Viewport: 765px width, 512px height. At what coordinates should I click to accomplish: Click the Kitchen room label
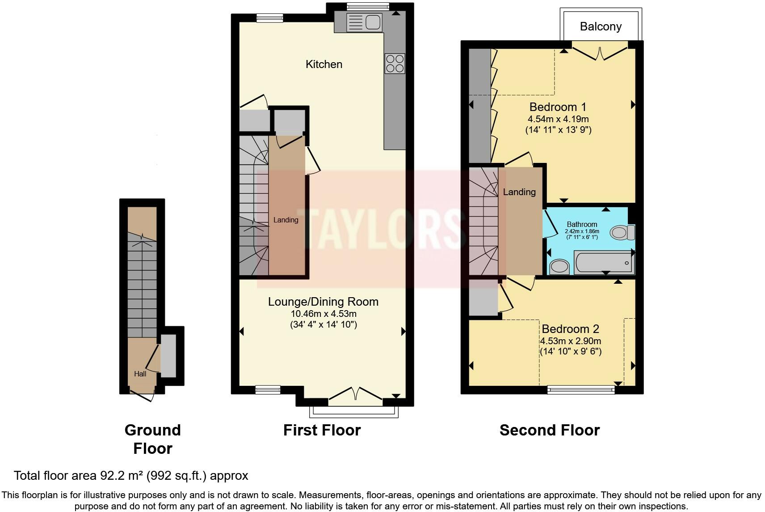tap(324, 64)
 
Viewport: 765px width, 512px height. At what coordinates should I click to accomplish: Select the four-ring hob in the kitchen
tap(395, 63)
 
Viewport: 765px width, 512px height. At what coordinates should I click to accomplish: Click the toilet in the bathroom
tap(622, 232)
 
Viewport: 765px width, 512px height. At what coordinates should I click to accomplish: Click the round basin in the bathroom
tap(559, 267)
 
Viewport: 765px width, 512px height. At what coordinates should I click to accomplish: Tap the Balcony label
tap(601, 26)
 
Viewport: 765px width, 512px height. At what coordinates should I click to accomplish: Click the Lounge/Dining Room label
tap(323, 302)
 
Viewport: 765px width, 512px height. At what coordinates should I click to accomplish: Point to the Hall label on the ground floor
tap(140, 374)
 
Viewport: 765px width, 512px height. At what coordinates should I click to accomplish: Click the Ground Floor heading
tap(152, 439)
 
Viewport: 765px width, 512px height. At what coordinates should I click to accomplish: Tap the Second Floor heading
tap(549, 430)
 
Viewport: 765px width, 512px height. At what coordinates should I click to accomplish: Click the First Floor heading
tap(322, 430)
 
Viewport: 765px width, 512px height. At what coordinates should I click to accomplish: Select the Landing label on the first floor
tap(286, 220)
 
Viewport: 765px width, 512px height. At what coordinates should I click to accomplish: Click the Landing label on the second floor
tap(519, 192)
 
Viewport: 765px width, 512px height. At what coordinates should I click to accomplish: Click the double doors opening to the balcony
tap(600, 53)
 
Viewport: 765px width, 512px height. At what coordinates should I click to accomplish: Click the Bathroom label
tap(582, 224)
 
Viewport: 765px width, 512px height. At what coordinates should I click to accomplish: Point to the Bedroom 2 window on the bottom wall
tap(581, 390)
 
